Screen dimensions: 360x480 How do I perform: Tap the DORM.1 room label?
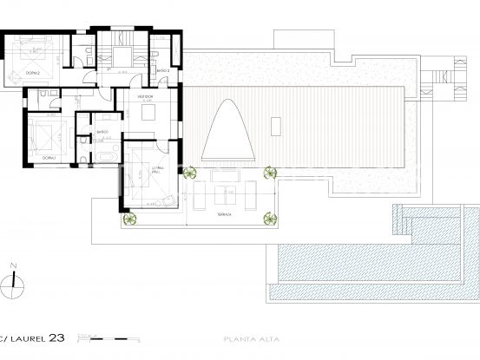click(x=49, y=159)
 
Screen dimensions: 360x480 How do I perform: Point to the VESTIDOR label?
click(x=144, y=97)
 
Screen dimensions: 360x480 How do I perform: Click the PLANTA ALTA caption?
click(x=245, y=338)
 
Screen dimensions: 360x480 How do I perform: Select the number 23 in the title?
click(x=56, y=337)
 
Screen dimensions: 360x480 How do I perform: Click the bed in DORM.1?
click(x=43, y=135)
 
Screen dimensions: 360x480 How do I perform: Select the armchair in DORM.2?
click(x=15, y=75)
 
